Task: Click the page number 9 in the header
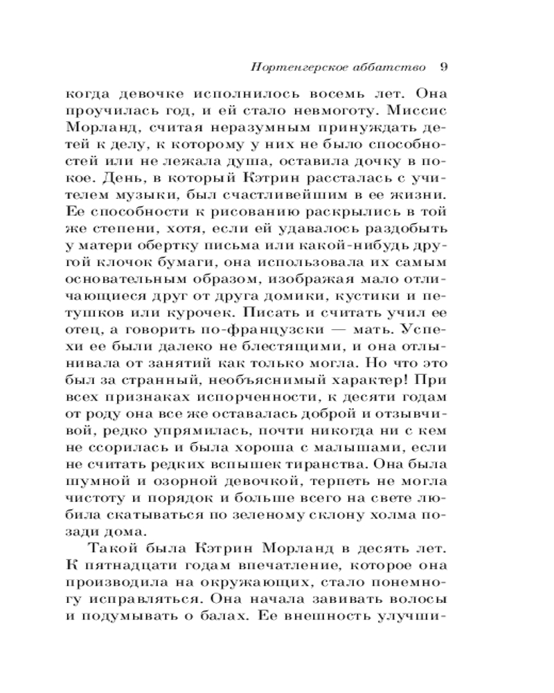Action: pos(445,68)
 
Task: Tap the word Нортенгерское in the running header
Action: pos(292,68)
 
